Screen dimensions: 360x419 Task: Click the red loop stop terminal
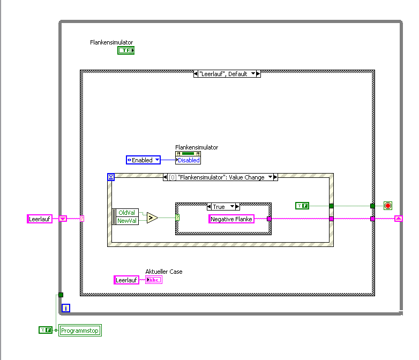(x=388, y=206)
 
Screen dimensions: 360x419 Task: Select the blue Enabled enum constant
(x=143, y=160)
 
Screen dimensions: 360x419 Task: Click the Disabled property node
(x=188, y=160)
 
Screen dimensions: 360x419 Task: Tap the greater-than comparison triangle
(x=152, y=217)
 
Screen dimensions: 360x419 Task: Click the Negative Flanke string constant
(x=231, y=219)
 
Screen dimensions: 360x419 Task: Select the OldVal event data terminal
(x=128, y=213)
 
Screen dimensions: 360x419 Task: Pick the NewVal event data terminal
(x=128, y=220)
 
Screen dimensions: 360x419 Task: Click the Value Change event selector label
(x=220, y=177)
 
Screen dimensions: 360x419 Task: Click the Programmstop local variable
(x=80, y=331)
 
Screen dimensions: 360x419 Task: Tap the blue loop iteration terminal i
(x=66, y=307)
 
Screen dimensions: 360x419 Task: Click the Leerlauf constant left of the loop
(x=40, y=219)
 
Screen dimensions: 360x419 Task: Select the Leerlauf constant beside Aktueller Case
(x=126, y=280)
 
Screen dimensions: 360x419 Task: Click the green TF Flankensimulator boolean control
(x=126, y=50)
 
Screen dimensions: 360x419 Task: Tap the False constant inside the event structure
(x=302, y=206)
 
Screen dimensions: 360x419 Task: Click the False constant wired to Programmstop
(x=46, y=330)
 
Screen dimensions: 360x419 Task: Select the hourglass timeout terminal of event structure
(x=111, y=177)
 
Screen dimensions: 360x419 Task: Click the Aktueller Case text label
(x=164, y=272)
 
